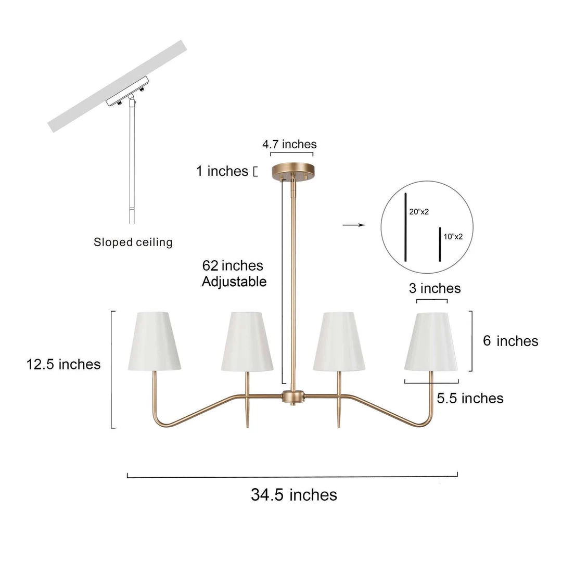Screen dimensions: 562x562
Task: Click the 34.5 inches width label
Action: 294,495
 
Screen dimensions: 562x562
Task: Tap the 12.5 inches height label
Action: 63,364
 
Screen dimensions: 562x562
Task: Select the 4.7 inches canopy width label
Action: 290,144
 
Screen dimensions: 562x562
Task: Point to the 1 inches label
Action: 222,171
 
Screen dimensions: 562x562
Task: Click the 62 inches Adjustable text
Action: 234,274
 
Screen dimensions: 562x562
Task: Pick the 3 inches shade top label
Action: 435,288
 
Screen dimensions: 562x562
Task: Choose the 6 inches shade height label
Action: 510,341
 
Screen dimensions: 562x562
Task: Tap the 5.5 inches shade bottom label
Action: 470,398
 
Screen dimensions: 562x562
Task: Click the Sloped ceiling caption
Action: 133,242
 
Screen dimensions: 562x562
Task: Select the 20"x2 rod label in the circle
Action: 419,212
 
